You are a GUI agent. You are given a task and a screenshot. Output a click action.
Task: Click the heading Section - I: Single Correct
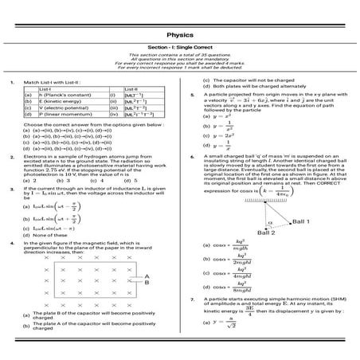[x=179, y=49]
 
